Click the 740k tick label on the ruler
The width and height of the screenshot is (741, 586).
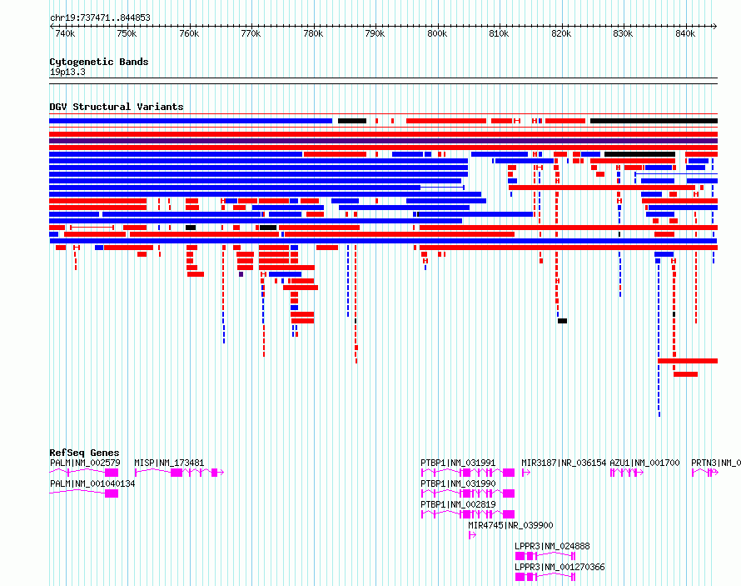(x=65, y=34)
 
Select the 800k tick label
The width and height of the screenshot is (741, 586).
(x=436, y=34)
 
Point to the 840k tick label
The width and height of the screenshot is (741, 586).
(x=684, y=34)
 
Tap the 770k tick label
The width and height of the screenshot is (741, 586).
(x=251, y=34)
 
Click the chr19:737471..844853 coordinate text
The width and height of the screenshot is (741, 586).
(x=100, y=18)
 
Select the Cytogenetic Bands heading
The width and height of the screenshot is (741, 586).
(x=99, y=62)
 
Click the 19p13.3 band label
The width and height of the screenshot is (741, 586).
(x=67, y=72)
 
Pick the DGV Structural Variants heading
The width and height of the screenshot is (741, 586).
(x=117, y=107)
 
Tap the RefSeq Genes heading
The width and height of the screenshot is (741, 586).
(x=84, y=453)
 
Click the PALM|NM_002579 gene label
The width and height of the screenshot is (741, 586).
(x=85, y=463)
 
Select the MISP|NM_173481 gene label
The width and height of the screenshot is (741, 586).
(x=169, y=463)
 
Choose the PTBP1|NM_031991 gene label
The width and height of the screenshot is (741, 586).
(x=458, y=463)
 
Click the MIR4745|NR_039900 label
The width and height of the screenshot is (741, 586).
(x=510, y=525)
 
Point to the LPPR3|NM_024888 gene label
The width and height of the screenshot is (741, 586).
(x=552, y=546)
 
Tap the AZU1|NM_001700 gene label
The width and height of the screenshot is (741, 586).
(x=644, y=463)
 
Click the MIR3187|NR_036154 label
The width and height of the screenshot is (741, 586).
(x=564, y=463)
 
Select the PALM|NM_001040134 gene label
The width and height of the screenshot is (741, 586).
(x=92, y=483)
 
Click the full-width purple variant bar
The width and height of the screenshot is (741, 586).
(x=383, y=141)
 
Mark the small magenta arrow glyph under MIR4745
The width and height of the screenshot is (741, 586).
(x=472, y=535)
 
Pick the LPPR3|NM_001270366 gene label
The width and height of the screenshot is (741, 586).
(x=559, y=567)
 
